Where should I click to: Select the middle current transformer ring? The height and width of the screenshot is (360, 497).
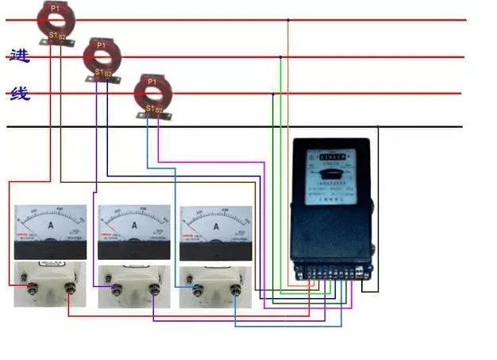pos(101,57)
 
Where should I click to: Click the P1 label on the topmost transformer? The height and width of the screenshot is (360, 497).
pos(55,7)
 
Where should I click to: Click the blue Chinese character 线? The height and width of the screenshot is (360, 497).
pos(20,95)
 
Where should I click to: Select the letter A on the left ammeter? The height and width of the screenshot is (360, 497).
pos(51,226)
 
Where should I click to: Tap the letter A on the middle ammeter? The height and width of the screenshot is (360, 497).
pos(133,226)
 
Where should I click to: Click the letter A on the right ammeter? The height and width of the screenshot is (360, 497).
pos(215,226)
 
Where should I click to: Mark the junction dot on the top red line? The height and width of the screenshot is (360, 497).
pos(288,20)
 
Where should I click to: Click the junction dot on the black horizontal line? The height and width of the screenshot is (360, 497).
pos(378,127)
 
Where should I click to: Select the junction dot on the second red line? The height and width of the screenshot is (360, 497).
pos(280,57)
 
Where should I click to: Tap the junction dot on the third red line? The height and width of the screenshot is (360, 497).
pos(273,94)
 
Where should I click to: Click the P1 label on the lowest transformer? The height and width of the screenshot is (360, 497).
pos(151,80)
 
